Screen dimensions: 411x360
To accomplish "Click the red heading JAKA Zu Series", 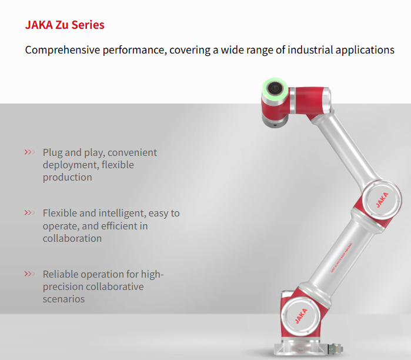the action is click(65, 25).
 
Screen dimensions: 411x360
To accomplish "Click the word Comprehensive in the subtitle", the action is click(62, 50).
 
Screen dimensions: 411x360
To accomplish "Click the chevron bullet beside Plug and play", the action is click(29, 152).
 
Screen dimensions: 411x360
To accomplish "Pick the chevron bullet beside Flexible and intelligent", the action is click(29, 212).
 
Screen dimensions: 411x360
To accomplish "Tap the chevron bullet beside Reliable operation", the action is click(29, 274).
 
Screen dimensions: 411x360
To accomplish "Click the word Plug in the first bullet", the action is click(53, 152).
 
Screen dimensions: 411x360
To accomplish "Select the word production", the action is click(68, 178).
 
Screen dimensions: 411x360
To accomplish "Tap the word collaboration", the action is click(72, 238).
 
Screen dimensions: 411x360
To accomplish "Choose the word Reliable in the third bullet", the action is click(61, 274).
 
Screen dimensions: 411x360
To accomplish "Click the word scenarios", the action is click(64, 299).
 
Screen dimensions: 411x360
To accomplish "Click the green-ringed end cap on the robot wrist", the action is click(275, 88).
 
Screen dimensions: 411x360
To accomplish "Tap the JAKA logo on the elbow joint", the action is click(382, 200).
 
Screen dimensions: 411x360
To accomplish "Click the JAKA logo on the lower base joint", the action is click(301, 316).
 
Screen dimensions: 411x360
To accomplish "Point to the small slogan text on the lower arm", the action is click(341, 258).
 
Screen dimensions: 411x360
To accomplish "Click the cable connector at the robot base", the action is click(335, 349).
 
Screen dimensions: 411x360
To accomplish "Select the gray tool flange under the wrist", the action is click(275, 121).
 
